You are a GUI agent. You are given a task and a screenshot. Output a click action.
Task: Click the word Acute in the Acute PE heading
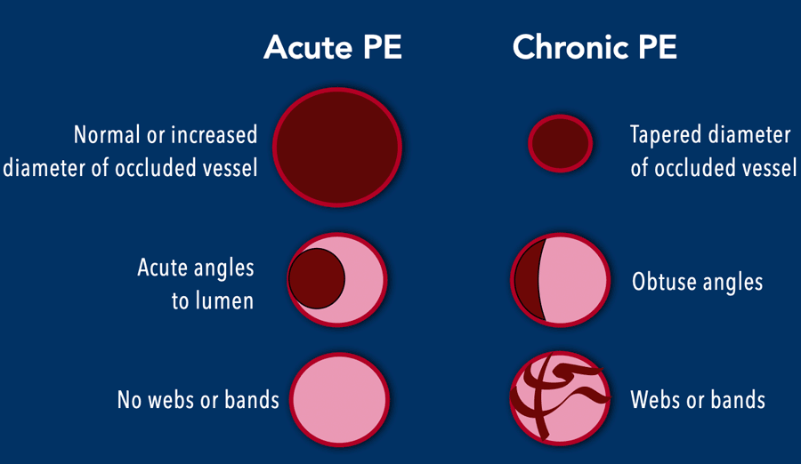308,47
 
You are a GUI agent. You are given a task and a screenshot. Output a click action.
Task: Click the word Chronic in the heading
570,47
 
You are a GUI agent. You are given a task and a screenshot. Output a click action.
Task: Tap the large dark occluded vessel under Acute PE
337,147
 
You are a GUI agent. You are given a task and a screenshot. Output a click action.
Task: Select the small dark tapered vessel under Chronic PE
561,143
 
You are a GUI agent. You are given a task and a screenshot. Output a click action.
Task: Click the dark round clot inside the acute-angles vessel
317,279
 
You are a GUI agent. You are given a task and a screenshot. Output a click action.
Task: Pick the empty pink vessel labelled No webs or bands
340,400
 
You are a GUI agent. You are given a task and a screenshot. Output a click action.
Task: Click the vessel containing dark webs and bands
561,398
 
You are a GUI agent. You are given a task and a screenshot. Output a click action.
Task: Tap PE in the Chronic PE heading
657,47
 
